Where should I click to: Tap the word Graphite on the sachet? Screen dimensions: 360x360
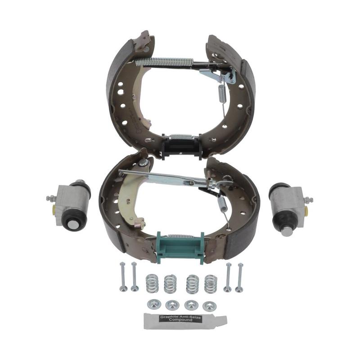point(170,317)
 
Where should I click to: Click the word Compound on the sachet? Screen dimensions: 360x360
point(182,320)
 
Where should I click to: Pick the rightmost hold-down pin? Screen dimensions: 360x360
point(240,278)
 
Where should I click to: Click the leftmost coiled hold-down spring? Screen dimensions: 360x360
point(151,283)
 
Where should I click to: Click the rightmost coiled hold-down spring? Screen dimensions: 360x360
point(211,284)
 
